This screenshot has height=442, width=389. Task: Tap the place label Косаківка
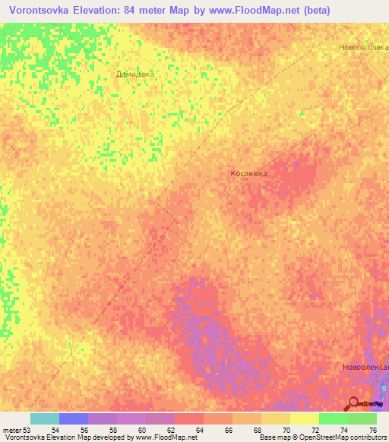pyautogui.click(x=249, y=173)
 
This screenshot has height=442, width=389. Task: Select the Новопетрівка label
pyautogui.click(x=363, y=47)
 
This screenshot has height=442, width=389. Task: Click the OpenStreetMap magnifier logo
pyautogui.click(x=353, y=403)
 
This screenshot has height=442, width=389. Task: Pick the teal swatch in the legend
pyautogui.click(x=44, y=418)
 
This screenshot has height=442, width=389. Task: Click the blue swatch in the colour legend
pyautogui.click(x=74, y=418)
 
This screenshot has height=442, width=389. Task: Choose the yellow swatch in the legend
pyautogui.click(x=305, y=418)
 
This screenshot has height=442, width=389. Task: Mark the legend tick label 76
pyautogui.click(x=372, y=429)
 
